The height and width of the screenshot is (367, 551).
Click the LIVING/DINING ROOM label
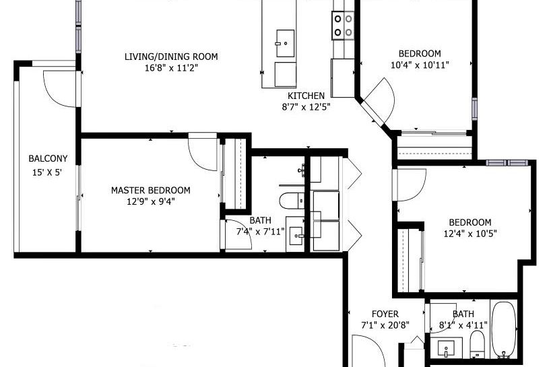coord(171,57)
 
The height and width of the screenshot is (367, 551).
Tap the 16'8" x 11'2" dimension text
coord(171,67)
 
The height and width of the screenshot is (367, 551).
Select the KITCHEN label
coord(306,96)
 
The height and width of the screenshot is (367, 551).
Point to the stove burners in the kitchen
coord(344,26)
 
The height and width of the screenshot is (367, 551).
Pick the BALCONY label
coord(48,159)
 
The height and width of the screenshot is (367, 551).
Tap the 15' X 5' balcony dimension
coord(48,172)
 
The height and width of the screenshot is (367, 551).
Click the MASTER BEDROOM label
coord(150,191)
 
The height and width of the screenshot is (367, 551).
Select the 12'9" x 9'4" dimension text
coord(150,201)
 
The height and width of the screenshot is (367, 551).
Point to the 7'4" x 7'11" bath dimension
coord(260,232)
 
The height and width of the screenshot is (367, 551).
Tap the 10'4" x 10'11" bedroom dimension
coord(420,65)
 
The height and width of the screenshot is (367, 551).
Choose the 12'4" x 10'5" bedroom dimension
coord(470,234)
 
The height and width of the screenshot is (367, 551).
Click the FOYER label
coord(385,314)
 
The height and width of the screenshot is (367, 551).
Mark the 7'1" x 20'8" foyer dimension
coord(385,325)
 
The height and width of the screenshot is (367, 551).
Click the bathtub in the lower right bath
coord(503,330)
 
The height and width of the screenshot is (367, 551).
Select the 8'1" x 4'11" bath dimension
coord(463,325)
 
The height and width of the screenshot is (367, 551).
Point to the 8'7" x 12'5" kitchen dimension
coord(306,106)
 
